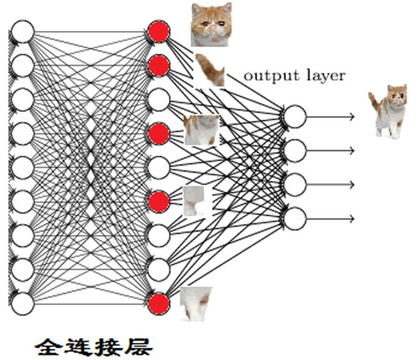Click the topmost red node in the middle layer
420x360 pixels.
[x=158, y=32]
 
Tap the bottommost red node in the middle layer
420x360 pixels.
[x=158, y=304]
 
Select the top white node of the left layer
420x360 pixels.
[x=23, y=32]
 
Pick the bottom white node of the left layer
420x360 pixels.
[x=23, y=304]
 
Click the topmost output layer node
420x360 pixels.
[x=295, y=117]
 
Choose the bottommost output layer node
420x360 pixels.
[x=295, y=218]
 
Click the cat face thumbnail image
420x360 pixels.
[x=212, y=25]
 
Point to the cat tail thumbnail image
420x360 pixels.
[x=210, y=69]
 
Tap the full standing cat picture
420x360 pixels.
[x=388, y=111]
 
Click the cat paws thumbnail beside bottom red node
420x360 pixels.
[x=195, y=303]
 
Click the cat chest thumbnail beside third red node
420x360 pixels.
[x=201, y=130]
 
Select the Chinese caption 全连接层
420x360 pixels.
[x=94, y=347]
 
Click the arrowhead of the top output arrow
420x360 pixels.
[x=352, y=117]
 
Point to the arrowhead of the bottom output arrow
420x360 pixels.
[x=352, y=218]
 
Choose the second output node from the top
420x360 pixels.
[x=295, y=151]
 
